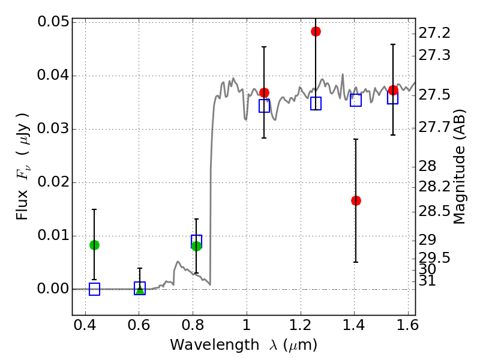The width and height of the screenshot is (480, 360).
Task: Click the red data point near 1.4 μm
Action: pyautogui.click(x=356, y=200)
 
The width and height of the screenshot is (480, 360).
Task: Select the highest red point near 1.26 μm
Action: pyautogui.click(x=316, y=31)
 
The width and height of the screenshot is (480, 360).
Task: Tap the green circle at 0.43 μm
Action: pyautogui.click(x=94, y=245)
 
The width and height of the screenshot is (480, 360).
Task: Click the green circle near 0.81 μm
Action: pyautogui.click(x=196, y=245)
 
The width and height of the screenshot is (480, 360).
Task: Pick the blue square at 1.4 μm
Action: pyautogui.click(x=356, y=100)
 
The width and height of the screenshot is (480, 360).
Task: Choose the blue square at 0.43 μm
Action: pyautogui.click(x=94, y=289)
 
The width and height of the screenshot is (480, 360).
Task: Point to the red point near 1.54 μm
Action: pyautogui.click(x=393, y=91)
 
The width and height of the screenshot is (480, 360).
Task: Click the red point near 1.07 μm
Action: pyautogui.click(x=264, y=92)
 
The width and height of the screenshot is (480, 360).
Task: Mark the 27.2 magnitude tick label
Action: pyautogui.click(x=433, y=32)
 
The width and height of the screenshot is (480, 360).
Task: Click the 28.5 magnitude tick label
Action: pyautogui.click(x=433, y=211)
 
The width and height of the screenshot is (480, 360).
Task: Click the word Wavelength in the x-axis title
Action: pyautogui.click(x=204, y=345)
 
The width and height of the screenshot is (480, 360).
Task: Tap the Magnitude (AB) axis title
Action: pyautogui.click(x=460, y=166)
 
